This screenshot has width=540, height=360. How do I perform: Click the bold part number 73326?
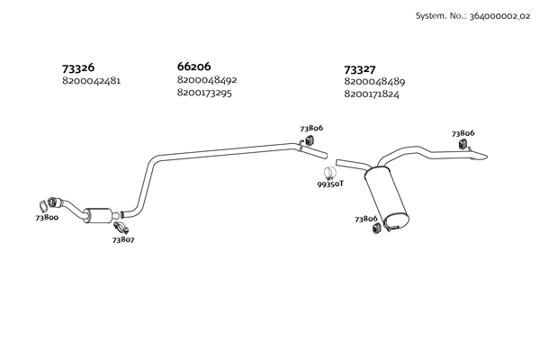pyautogui.click(x=78, y=67)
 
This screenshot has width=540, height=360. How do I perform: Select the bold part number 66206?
pyautogui.click(x=194, y=67)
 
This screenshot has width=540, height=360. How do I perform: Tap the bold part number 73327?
pyautogui.click(x=361, y=69)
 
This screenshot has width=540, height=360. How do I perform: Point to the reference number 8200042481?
pyautogui.click(x=91, y=81)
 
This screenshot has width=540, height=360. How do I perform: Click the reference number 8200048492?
pyautogui.click(x=207, y=80)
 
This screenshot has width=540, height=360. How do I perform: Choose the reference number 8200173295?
pyautogui.click(x=205, y=93)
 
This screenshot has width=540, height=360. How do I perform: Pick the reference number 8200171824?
pyautogui.click(x=373, y=94)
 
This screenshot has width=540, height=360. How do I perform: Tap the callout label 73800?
pyautogui.click(x=47, y=218)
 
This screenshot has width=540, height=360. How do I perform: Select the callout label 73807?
pyautogui.click(x=123, y=239)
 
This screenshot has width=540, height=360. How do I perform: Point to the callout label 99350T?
pyautogui.click(x=330, y=184)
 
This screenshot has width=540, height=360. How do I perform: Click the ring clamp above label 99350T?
pyautogui.click(x=330, y=172)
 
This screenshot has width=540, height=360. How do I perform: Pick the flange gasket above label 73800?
pyautogui.click(x=44, y=204)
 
